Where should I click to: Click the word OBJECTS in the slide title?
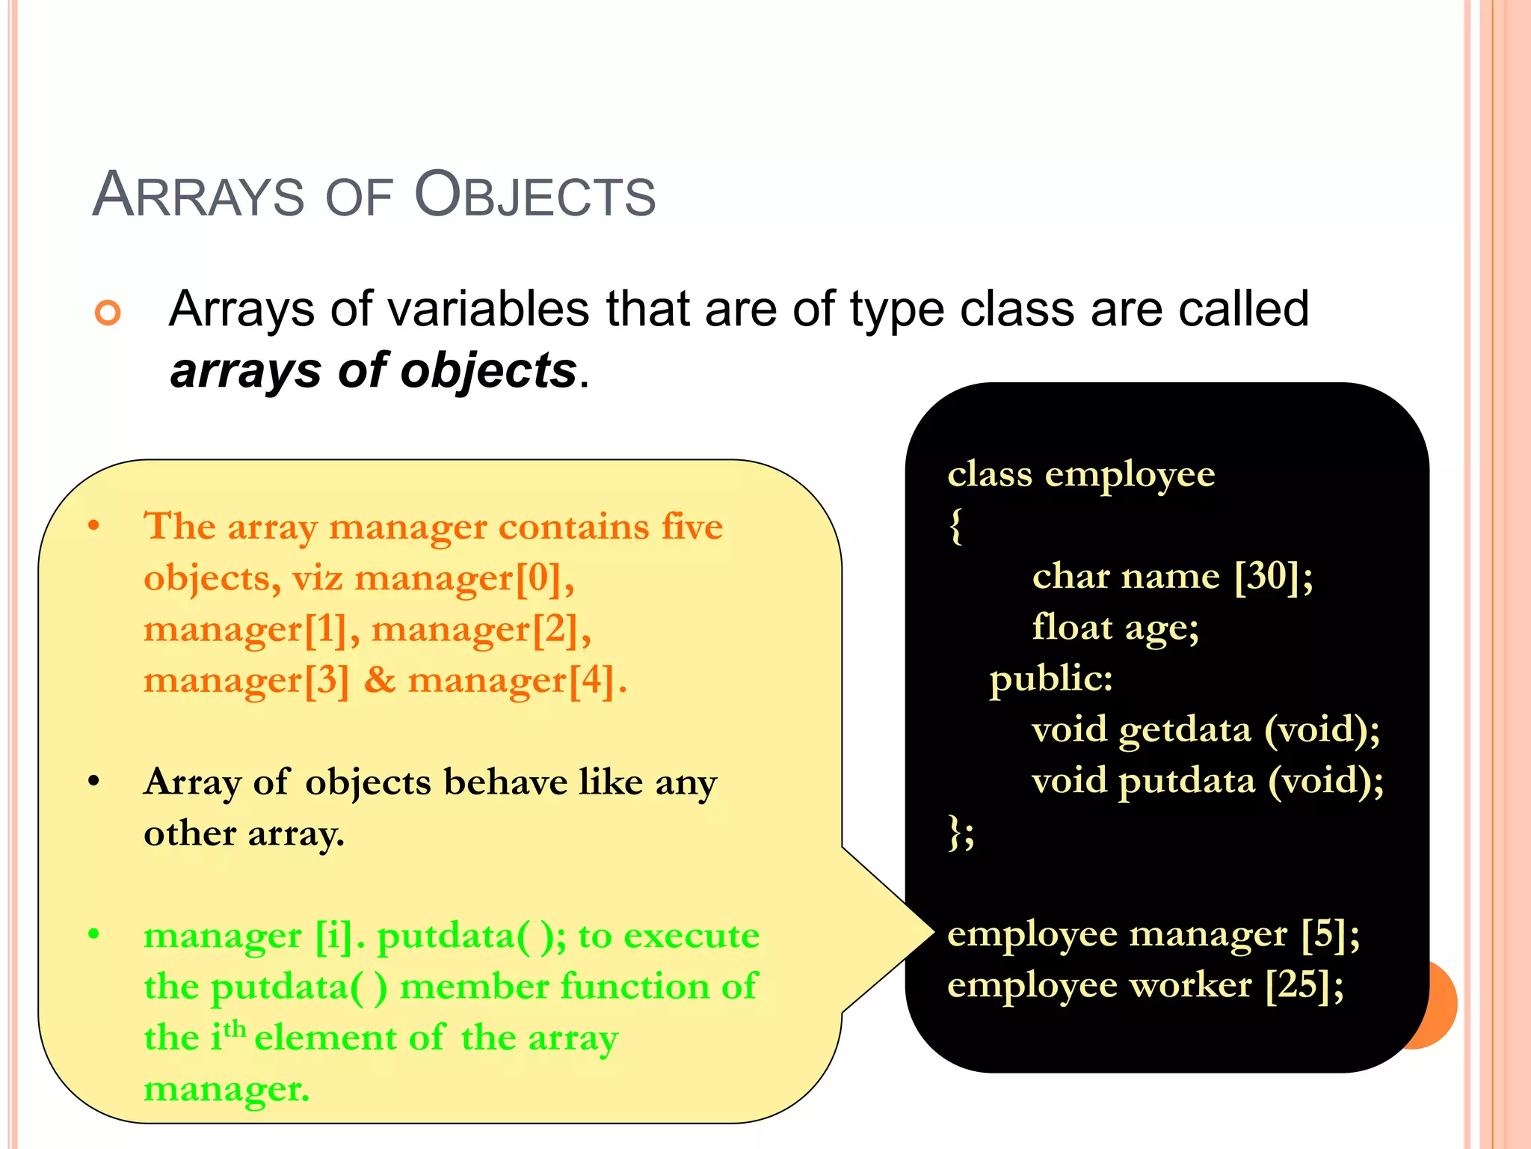point(535,195)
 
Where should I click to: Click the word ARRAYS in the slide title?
point(198,195)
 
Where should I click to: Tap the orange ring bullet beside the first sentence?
point(108,312)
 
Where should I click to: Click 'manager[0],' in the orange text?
point(464,578)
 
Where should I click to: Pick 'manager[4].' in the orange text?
point(517,681)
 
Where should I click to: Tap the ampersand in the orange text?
point(380,681)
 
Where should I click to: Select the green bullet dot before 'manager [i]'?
point(93,934)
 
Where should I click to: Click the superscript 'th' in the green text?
point(235,1029)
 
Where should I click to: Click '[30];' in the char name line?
point(1273,576)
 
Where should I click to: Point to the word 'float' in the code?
point(1072,627)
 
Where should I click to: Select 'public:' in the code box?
point(1051,678)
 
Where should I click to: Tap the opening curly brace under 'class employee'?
point(955,526)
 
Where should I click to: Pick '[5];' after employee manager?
point(1330,934)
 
